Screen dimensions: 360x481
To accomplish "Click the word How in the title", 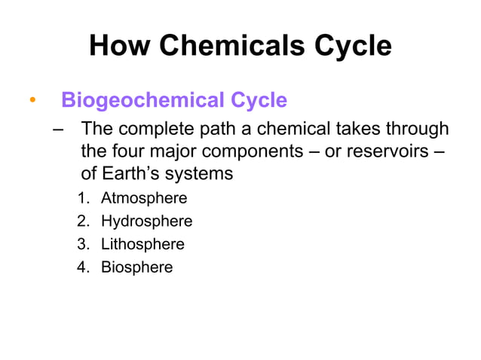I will tap(116, 46).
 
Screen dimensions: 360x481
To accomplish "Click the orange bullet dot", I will tap(32, 101).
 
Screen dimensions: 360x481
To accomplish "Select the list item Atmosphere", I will tap(144, 199).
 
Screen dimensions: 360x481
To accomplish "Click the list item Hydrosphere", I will tap(146, 221).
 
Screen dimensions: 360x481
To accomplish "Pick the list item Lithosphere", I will tap(142, 244).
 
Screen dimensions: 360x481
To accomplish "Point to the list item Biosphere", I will tap(136, 267).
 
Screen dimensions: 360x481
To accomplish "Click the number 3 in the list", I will tap(81, 244).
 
